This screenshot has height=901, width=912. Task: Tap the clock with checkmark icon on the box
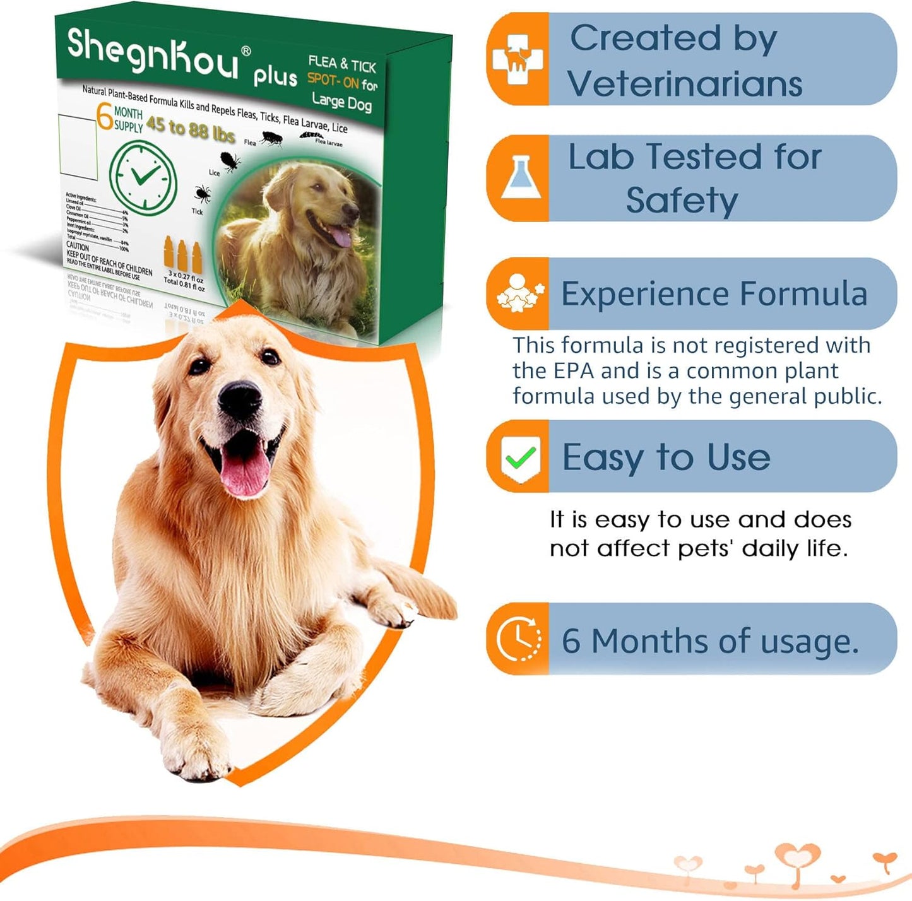click(x=143, y=178)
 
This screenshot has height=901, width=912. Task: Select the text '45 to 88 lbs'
click(x=190, y=129)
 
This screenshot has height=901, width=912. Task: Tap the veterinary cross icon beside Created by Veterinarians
click(x=518, y=59)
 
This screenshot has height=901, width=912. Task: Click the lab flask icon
click(x=518, y=179)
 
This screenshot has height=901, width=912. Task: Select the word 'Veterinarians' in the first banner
click(x=684, y=84)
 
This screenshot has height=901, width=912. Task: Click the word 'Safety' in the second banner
click(x=682, y=201)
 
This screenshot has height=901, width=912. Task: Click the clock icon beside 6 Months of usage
click(x=518, y=639)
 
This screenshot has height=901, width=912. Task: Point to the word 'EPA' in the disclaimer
click(x=574, y=371)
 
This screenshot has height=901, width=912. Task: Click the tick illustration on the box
click(x=202, y=193)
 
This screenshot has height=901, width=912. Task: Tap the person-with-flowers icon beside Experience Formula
click(x=519, y=293)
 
